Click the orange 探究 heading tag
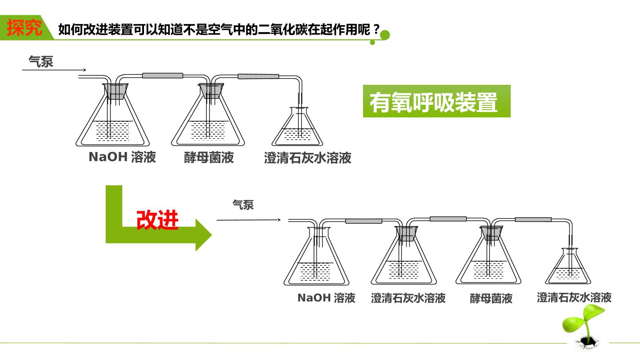click(24, 28)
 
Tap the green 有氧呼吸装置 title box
click(436, 101)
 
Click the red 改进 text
click(157, 220)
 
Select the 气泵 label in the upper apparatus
click(41, 61)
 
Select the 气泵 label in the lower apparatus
click(243, 205)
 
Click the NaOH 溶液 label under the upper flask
click(122, 157)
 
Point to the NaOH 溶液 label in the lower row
click(326, 298)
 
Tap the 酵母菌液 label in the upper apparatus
click(209, 157)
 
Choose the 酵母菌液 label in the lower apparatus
click(491, 298)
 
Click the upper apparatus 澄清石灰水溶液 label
click(308, 158)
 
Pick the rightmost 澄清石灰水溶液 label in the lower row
click(574, 297)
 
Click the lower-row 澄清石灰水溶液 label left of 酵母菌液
click(408, 298)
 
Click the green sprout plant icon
click(584, 326)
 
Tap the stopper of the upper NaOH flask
click(116, 91)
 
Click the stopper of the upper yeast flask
click(211, 91)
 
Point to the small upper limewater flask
click(297, 126)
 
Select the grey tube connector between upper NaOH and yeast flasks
click(163, 76)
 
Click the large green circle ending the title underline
click(385, 35)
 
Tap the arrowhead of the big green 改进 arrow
click(204, 235)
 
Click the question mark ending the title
click(376, 29)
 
